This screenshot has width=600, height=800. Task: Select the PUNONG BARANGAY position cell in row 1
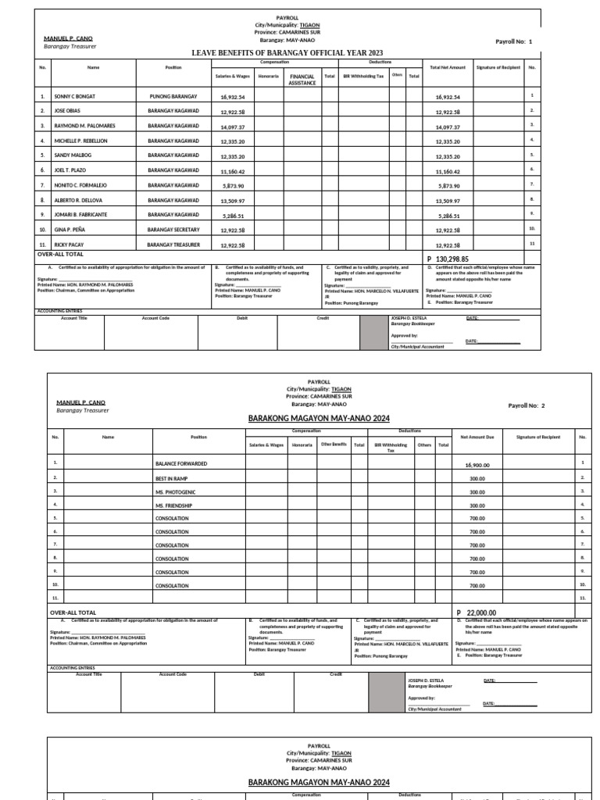173,97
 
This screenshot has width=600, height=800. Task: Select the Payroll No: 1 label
513,41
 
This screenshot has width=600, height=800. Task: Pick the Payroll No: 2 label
527,405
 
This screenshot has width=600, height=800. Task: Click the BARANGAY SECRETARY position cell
173,230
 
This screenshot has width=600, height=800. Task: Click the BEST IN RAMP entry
173,477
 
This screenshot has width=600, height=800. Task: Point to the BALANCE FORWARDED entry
181,464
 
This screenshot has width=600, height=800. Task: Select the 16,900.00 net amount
477,465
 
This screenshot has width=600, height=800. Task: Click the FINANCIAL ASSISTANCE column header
302,79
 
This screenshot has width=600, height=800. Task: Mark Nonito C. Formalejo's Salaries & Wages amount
232,186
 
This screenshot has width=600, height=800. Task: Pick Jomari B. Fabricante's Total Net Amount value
448,216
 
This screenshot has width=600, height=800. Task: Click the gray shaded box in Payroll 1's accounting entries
373,332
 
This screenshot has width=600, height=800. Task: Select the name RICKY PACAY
68,245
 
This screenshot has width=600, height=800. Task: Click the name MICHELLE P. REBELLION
80,141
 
